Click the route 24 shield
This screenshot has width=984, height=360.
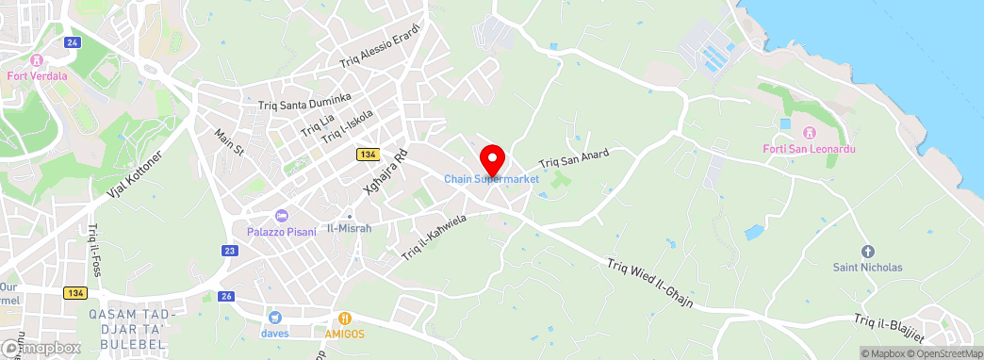(73, 43)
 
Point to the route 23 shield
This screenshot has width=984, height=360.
(230, 250)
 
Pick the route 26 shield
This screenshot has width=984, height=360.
(226, 296)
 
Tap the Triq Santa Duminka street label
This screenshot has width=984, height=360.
(304, 103)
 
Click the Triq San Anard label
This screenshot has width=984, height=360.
(574, 156)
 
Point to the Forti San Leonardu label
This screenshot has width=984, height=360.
(801, 149)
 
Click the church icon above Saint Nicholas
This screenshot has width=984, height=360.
(867, 252)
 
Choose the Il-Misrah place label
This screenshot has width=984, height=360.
(349, 228)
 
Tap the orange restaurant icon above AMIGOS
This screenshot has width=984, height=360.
(346, 319)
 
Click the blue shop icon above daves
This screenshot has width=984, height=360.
(275, 318)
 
